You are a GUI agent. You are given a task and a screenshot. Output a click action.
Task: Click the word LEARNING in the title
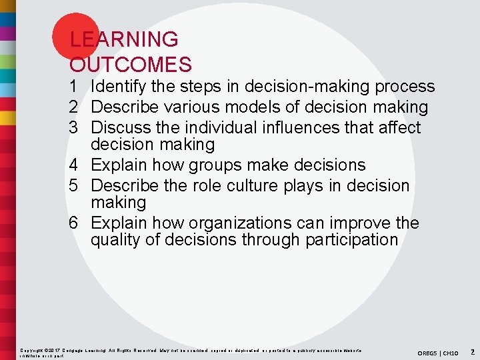tap(124, 39)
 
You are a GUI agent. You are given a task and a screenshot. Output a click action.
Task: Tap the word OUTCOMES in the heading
tap(131, 65)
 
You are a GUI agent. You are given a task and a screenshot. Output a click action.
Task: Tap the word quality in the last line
tap(115, 240)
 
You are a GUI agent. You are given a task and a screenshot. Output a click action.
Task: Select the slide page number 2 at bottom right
tap(471, 351)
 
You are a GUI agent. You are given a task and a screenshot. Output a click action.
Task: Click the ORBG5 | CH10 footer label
tap(438, 352)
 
